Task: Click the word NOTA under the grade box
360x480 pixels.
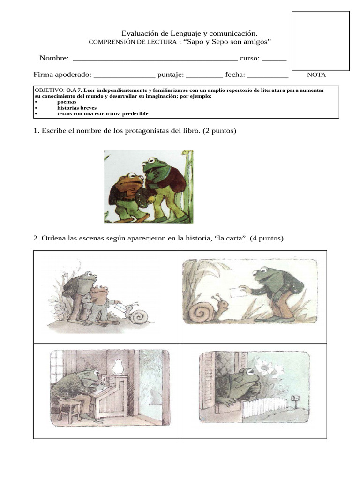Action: (x=316, y=75)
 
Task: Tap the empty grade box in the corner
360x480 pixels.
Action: (x=321, y=41)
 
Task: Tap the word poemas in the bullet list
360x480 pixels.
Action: (x=67, y=102)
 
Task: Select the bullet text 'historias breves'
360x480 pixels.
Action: (x=77, y=108)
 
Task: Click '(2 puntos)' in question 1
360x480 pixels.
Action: (x=219, y=131)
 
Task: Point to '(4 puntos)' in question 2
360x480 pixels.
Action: (x=267, y=238)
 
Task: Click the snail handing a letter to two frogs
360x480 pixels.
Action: (x=137, y=315)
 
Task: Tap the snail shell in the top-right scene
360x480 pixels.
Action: (x=202, y=311)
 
